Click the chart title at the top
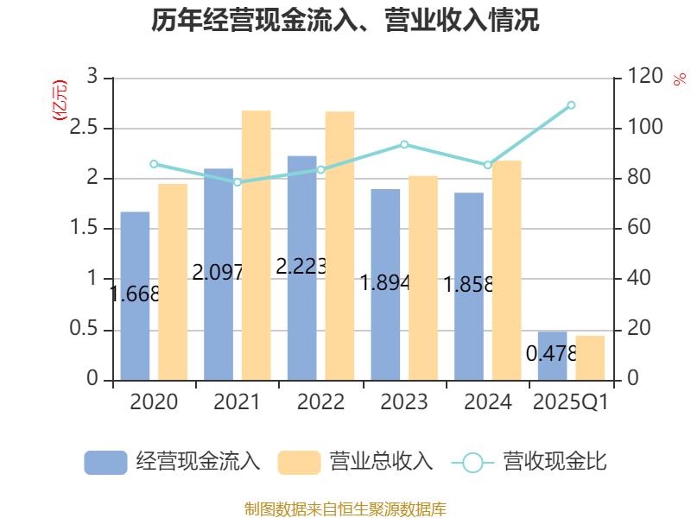click(345, 21)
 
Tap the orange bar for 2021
click(256, 245)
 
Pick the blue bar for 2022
click(301, 268)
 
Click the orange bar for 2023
click(423, 277)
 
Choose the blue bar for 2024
click(469, 286)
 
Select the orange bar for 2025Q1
click(590, 357)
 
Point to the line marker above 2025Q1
click(571, 104)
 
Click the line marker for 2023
click(404, 144)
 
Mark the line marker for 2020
click(154, 163)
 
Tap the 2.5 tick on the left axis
click(87, 129)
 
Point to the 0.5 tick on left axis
click(87, 331)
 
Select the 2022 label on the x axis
click(320, 402)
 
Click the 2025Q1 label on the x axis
click(571, 402)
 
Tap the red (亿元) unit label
click(59, 101)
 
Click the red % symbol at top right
click(679, 80)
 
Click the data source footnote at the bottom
click(345, 509)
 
